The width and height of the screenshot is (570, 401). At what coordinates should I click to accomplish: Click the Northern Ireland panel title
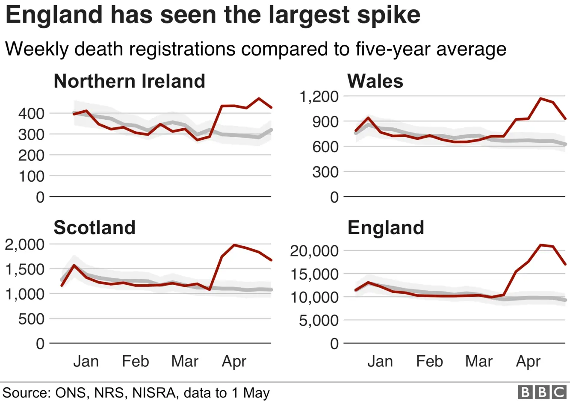(129, 81)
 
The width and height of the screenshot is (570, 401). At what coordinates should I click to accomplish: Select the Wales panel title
(375, 81)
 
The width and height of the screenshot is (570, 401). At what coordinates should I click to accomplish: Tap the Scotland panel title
(94, 227)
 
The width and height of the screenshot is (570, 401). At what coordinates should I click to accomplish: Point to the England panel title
(386, 227)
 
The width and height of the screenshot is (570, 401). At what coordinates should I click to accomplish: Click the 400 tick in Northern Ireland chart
(31, 114)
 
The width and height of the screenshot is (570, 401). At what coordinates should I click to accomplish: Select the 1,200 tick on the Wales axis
(319, 97)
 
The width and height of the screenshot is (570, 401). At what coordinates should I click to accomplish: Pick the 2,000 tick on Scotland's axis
(25, 245)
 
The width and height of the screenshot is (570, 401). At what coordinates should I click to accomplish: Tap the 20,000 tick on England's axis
(314, 251)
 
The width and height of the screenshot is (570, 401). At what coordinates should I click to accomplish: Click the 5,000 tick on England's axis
(319, 321)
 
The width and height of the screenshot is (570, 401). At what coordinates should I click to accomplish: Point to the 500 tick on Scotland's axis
(31, 319)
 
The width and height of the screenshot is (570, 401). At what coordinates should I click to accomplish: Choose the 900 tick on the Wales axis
(325, 122)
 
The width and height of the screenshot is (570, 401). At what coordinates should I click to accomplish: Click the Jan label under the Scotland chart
(86, 361)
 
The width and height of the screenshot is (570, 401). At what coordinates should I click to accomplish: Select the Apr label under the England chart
(528, 361)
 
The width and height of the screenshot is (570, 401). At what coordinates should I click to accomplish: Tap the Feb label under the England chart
(429, 361)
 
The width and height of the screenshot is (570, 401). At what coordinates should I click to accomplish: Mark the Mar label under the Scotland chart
(185, 361)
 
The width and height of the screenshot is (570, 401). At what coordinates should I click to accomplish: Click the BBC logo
(542, 392)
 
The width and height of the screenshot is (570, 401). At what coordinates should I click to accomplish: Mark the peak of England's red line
(540, 245)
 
